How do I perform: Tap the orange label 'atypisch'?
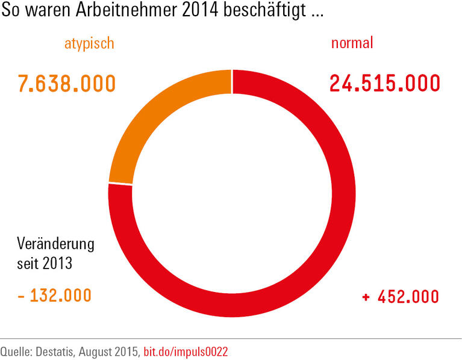pyautogui.click(x=89, y=43)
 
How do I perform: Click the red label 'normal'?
pyautogui.click(x=352, y=43)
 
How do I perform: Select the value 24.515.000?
pyautogui.click(x=384, y=83)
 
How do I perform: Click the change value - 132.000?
pyautogui.click(x=54, y=296)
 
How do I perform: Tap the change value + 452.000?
pyautogui.click(x=400, y=297)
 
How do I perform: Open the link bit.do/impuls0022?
pyautogui.click(x=186, y=350)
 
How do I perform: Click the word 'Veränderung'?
pyautogui.click(x=56, y=244)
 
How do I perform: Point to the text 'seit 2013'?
pyautogui.click(x=45, y=264)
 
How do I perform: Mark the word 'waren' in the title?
pyautogui.click(x=43, y=11)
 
